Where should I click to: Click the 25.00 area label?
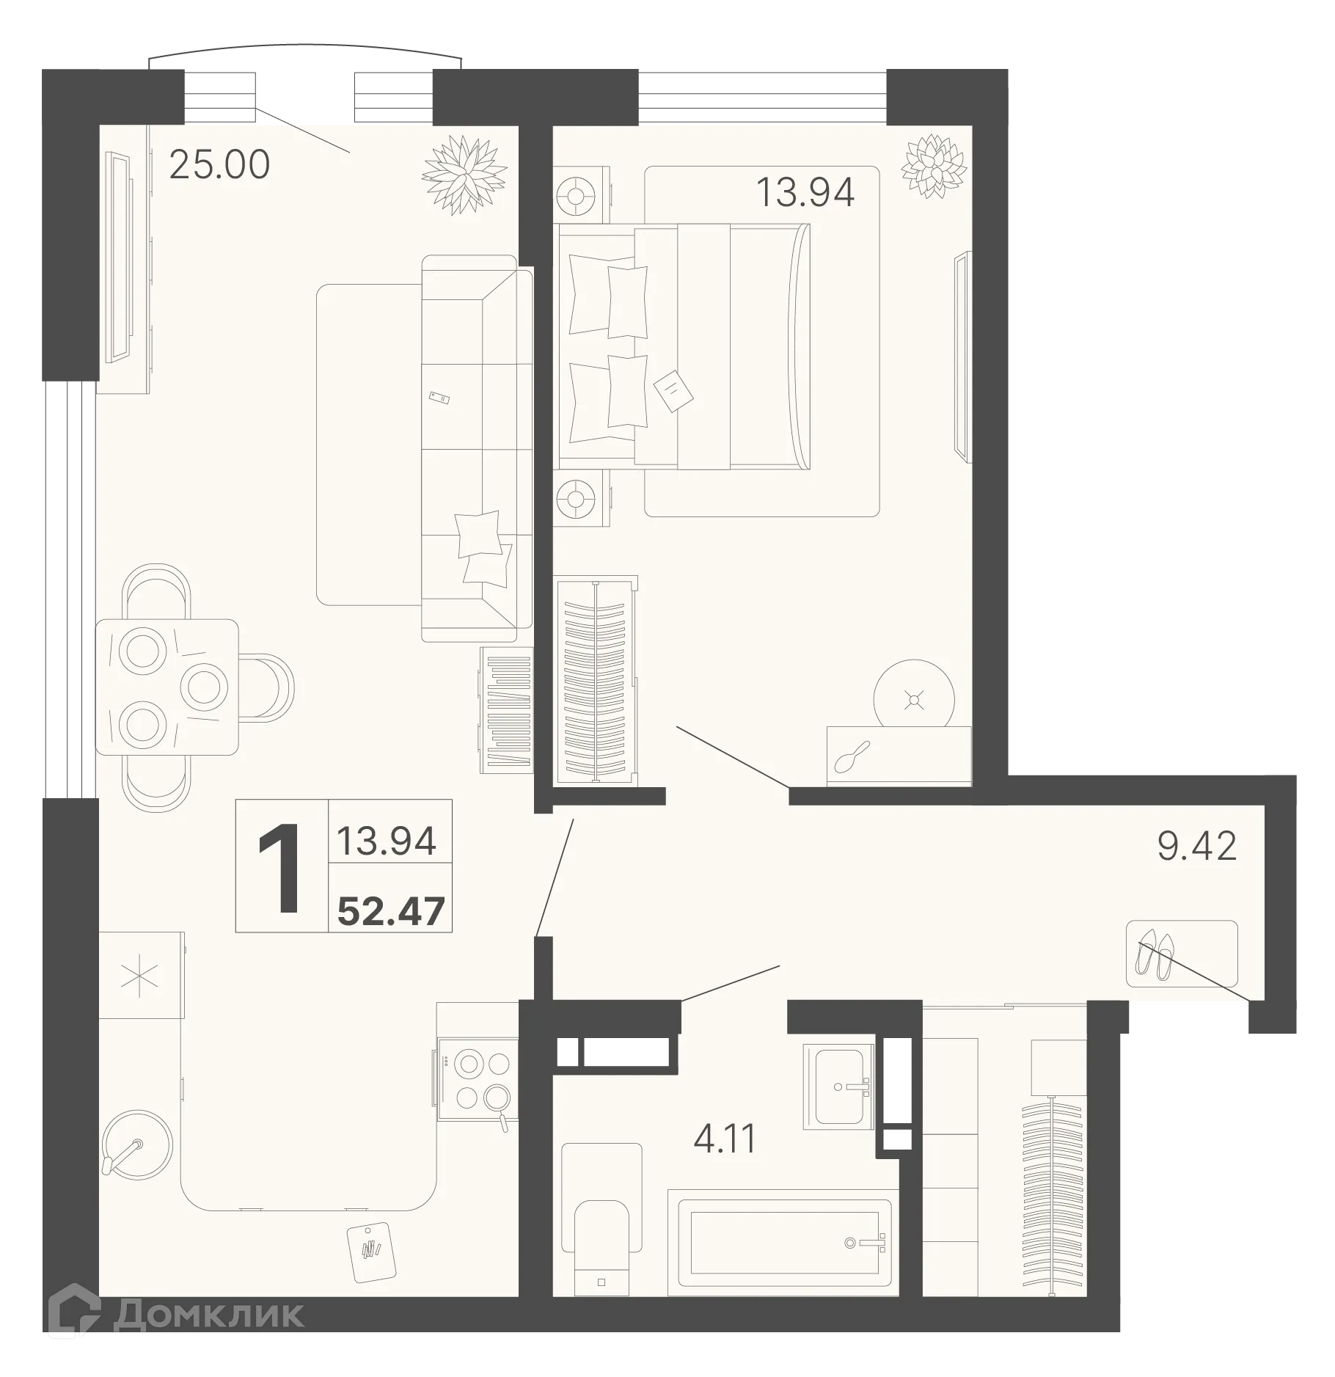click(x=219, y=165)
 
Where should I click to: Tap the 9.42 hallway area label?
click(x=1196, y=847)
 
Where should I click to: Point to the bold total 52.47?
click(x=391, y=912)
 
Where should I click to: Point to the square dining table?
click(x=167, y=687)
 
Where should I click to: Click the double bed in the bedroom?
click(x=684, y=346)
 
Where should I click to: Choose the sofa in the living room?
click(x=477, y=448)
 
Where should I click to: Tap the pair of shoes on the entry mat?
click(x=1155, y=954)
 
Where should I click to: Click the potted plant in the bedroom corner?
click(x=934, y=165)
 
